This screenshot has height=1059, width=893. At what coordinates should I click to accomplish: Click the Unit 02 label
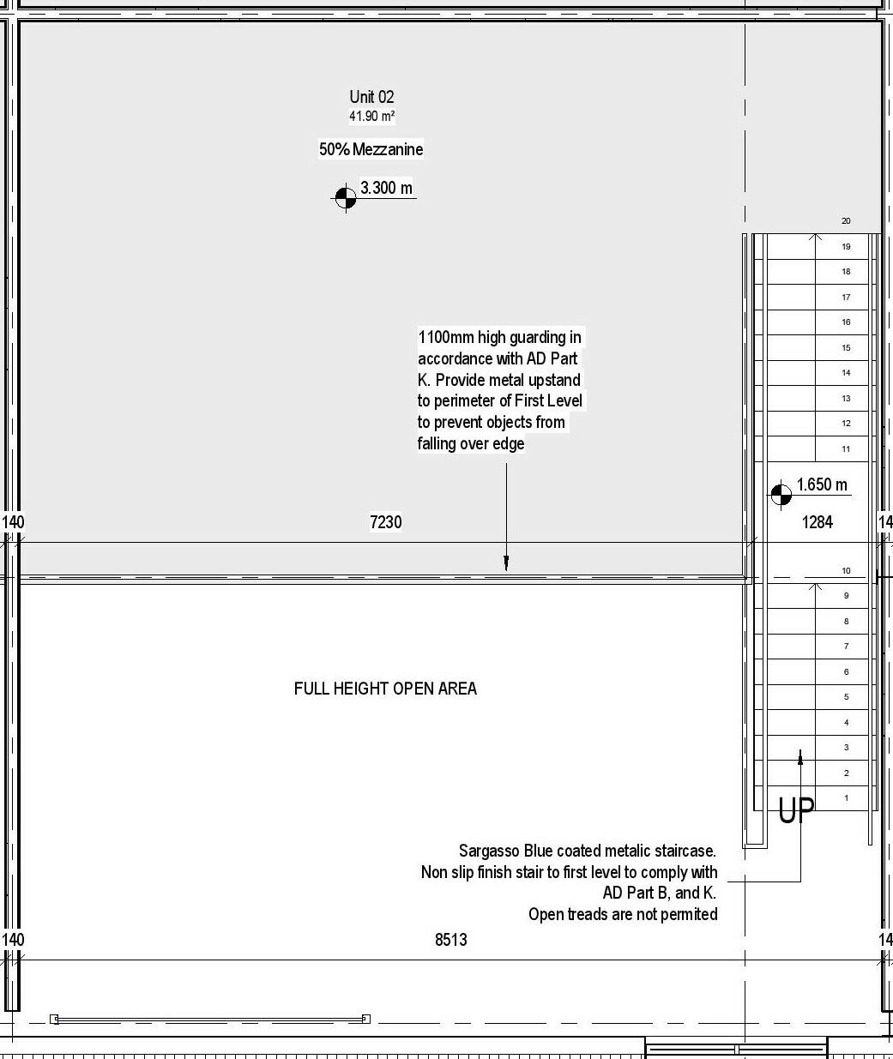[371, 97]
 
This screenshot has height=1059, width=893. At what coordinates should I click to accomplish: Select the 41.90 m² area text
[371, 116]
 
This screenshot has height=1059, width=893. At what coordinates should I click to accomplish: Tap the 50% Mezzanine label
[371, 149]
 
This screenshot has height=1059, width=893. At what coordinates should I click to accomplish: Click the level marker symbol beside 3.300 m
[345, 198]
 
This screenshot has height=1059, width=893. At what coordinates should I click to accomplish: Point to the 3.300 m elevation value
[386, 188]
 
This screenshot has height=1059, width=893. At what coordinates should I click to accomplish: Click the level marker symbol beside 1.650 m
[781, 495]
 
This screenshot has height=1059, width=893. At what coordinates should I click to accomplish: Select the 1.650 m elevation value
[822, 484]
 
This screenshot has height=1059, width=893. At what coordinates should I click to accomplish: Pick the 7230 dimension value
[385, 521]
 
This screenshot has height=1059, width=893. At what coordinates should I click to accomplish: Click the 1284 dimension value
[817, 521]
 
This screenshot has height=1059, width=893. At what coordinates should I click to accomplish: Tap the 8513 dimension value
[450, 940]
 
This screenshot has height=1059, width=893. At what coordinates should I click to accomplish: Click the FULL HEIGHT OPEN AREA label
[385, 689]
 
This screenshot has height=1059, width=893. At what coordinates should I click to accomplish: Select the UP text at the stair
[796, 810]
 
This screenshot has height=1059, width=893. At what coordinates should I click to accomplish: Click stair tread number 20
[846, 221]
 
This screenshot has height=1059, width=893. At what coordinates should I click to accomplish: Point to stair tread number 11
[846, 448]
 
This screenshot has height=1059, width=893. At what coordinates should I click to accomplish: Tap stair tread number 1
[846, 797]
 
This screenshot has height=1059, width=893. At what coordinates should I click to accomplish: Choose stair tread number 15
[846, 347]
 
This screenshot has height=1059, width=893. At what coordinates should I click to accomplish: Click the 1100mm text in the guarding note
[446, 337]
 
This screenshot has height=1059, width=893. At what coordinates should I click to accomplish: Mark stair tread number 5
[846, 697]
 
